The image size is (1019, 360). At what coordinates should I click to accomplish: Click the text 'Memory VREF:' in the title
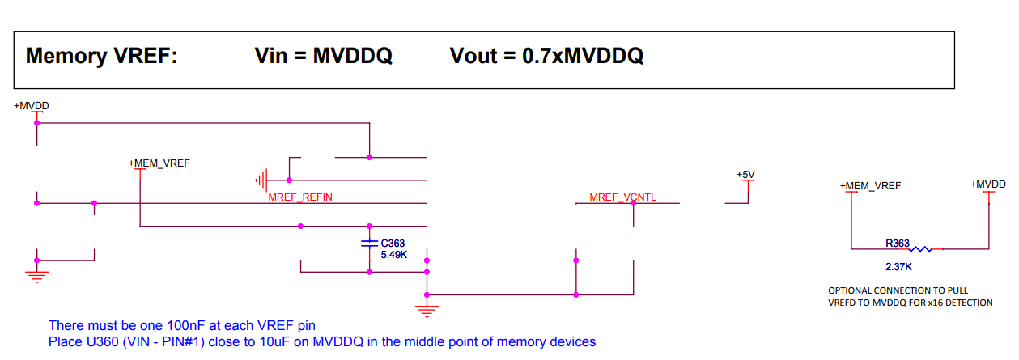click(x=102, y=56)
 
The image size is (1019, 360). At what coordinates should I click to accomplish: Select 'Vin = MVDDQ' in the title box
click(x=323, y=56)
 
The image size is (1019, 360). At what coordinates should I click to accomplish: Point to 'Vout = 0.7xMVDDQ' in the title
click(x=546, y=56)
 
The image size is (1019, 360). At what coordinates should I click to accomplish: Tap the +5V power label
click(x=745, y=175)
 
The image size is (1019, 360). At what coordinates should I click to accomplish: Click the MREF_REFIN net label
click(x=300, y=197)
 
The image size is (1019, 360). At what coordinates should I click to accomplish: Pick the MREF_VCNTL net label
click(x=622, y=197)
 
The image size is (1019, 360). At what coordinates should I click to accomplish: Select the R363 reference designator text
click(x=898, y=241)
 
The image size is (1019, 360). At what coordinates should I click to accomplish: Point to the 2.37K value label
click(x=898, y=265)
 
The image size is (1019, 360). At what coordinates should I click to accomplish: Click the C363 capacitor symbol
click(x=370, y=242)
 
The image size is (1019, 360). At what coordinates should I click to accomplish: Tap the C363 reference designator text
click(x=393, y=243)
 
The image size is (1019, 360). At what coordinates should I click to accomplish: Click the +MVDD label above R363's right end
click(x=988, y=184)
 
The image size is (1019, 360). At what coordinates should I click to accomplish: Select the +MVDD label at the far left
click(x=32, y=106)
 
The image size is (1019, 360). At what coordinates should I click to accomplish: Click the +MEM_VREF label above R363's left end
click(x=870, y=186)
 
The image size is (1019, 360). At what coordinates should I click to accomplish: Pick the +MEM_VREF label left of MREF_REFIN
click(x=159, y=163)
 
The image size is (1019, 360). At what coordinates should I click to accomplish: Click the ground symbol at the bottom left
click(x=36, y=273)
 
